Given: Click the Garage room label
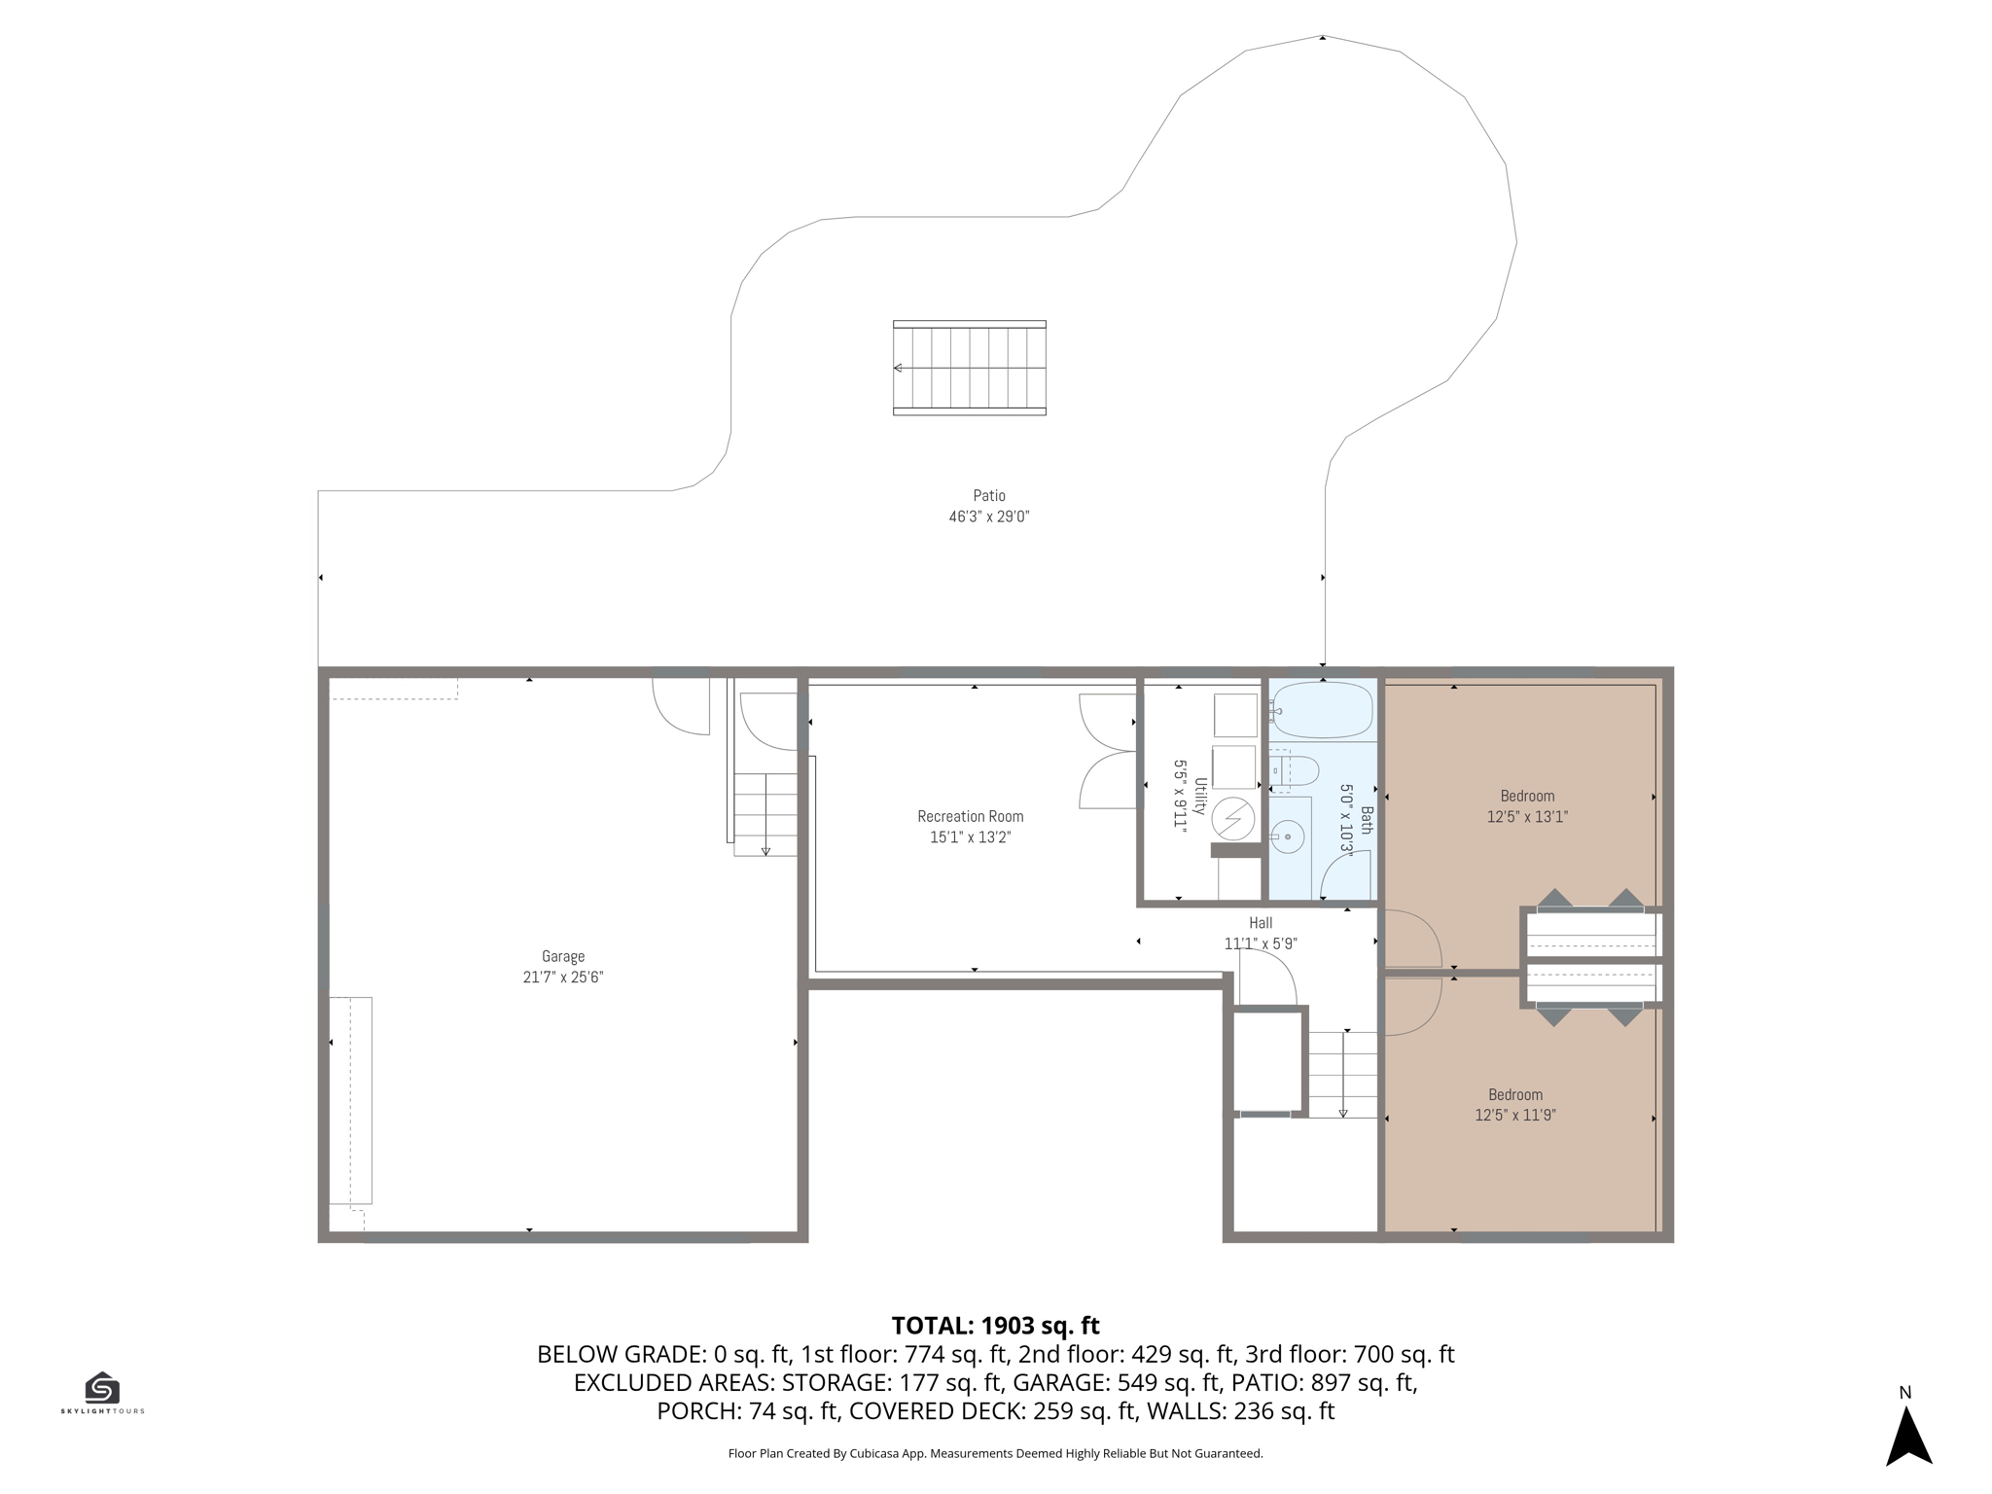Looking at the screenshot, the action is pos(563,956).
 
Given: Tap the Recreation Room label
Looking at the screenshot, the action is pos(971,816).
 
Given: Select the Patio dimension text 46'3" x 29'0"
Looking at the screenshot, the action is pos(989,516).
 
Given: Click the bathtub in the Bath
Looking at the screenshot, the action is pos(1323,710).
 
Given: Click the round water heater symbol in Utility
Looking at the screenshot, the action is pos(1232,819).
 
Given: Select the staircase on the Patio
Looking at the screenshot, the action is pos(970,368).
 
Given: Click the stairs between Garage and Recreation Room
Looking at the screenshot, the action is pos(765,814).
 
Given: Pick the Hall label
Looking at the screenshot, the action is pos(1261,923).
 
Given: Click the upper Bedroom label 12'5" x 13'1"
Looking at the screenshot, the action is pos(1527,806).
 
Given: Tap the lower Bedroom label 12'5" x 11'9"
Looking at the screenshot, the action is pos(1515,1105).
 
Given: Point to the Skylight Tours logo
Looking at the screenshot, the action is pos(102,1393).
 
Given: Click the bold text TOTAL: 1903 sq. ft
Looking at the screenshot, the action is pos(995,1326).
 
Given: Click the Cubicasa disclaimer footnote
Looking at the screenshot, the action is pos(995,1454).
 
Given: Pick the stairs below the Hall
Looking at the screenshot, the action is pos(1343,1075).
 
